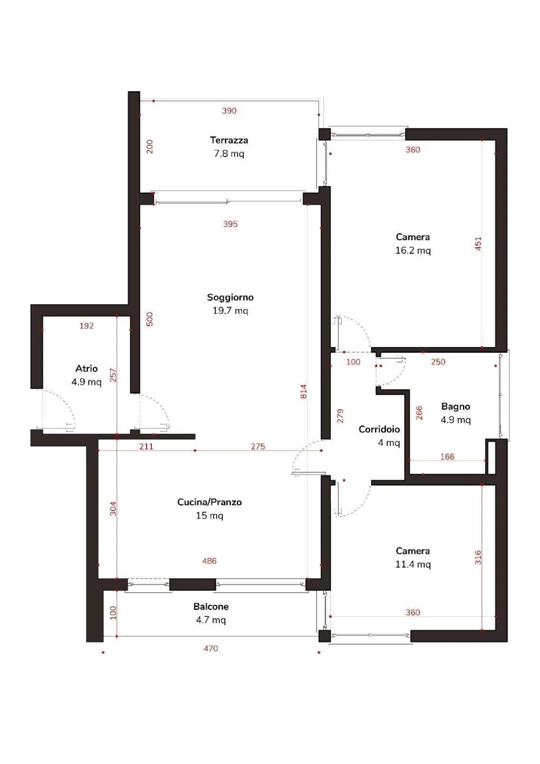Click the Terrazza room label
(229, 140)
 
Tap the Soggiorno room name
(230, 297)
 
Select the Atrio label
(86, 368)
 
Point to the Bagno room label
(455, 406)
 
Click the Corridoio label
(379, 429)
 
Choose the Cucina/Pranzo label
(210, 502)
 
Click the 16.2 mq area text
(413, 251)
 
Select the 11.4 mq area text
(413, 564)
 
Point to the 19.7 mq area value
(230, 311)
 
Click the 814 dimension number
(303, 392)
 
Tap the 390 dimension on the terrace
(229, 111)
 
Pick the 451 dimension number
(478, 244)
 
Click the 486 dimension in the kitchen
(210, 561)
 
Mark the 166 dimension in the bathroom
(447, 456)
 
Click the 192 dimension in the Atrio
(86, 326)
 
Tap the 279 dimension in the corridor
(340, 416)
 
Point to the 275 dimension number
(258, 446)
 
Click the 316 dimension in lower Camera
(478, 557)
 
